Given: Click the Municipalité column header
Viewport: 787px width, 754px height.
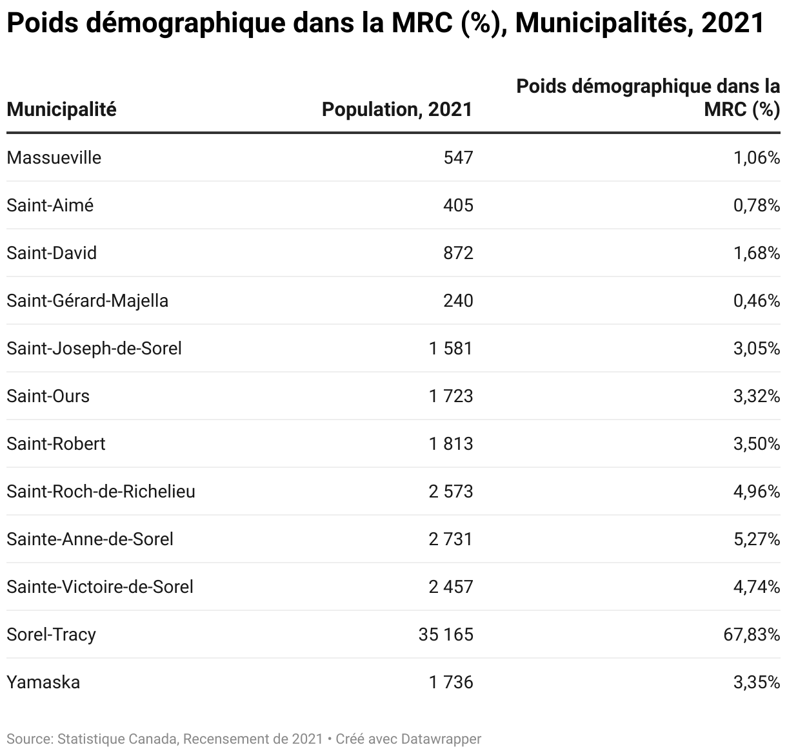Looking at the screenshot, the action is tap(61, 110).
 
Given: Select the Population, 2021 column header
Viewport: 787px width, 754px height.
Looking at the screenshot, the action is tap(397, 110).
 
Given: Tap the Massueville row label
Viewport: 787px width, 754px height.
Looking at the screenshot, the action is tap(54, 158).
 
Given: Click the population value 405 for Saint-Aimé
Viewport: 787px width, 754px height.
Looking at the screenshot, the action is tap(458, 206).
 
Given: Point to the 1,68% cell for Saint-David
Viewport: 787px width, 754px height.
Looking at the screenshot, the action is tap(757, 253).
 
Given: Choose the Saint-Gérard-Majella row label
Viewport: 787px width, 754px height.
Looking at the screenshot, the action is tap(87, 301).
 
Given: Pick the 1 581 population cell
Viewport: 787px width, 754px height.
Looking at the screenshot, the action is tap(450, 348).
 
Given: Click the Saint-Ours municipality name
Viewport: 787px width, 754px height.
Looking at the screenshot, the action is tap(48, 396).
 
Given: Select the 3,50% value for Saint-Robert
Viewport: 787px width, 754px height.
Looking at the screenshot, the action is tap(757, 443).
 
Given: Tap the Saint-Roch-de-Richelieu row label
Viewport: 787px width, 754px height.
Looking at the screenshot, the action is tap(101, 491).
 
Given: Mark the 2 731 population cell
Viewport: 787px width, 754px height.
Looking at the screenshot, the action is tap(450, 539).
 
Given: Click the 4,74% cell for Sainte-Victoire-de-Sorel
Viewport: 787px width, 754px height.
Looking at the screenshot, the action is tap(757, 586).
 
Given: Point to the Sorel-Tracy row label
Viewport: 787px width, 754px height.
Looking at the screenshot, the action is tap(52, 635).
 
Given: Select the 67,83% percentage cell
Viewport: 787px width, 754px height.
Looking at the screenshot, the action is tap(752, 634).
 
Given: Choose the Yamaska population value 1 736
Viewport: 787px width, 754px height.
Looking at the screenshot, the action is tap(450, 682).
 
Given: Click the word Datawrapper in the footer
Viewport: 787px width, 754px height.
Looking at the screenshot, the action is tap(441, 739).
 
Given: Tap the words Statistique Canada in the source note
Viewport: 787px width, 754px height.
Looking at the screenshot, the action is tap(117, 739).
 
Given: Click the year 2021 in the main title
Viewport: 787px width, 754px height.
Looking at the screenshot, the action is tap(733, 23).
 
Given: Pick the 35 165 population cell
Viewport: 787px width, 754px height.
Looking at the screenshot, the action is tap(446, 634).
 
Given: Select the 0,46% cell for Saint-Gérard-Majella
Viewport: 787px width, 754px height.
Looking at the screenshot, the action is tap(757, 300).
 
